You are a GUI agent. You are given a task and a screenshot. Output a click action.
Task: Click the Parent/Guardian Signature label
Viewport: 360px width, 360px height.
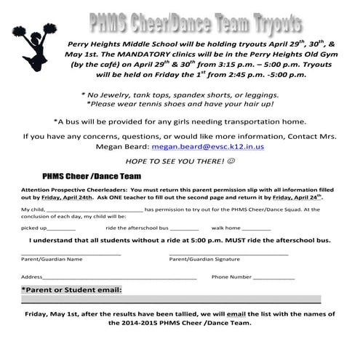click(204, 258)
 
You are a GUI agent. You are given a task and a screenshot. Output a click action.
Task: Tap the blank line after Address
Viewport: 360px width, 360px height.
click(119, 277)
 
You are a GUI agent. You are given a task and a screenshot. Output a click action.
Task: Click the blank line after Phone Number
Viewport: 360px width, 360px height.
click(273, 277)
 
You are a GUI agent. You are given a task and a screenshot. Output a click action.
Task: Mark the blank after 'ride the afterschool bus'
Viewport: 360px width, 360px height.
click(183, 228)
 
